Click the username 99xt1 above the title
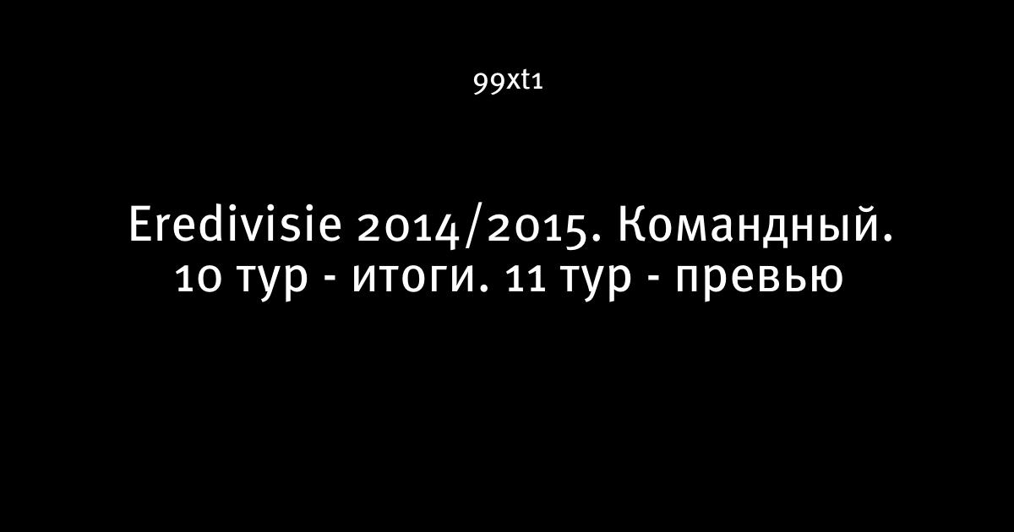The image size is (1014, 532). pos(508,83)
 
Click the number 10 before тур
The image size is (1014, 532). pos(199,278)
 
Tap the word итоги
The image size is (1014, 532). pos(416,281)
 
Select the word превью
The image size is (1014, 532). pos(760,281)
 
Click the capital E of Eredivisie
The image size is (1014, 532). pos(141,224)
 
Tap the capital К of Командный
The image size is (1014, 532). pos(632,224)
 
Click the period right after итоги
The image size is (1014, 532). pos(486,288)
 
